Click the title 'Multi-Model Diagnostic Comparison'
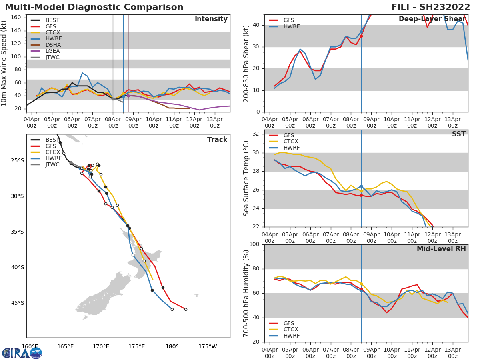tap(94, 7)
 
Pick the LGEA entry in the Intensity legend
tap(52, 51)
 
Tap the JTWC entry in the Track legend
tap(52, 164)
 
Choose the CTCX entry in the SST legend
tap(291, 142)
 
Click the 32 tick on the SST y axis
tap(256, 134)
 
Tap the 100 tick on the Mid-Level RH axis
tap(254, 244)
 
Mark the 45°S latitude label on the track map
tap(17, 303)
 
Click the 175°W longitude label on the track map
tap(208, 346)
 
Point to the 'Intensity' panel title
tap(211, 19)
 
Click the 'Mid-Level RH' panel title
tap(441, 249)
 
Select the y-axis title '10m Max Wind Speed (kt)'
tap(4, 63)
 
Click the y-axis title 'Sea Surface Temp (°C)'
tap(246, 178)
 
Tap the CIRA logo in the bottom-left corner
tap(22, 353)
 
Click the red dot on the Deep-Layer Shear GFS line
tap(361, 36)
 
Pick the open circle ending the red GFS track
tap(186, 309)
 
